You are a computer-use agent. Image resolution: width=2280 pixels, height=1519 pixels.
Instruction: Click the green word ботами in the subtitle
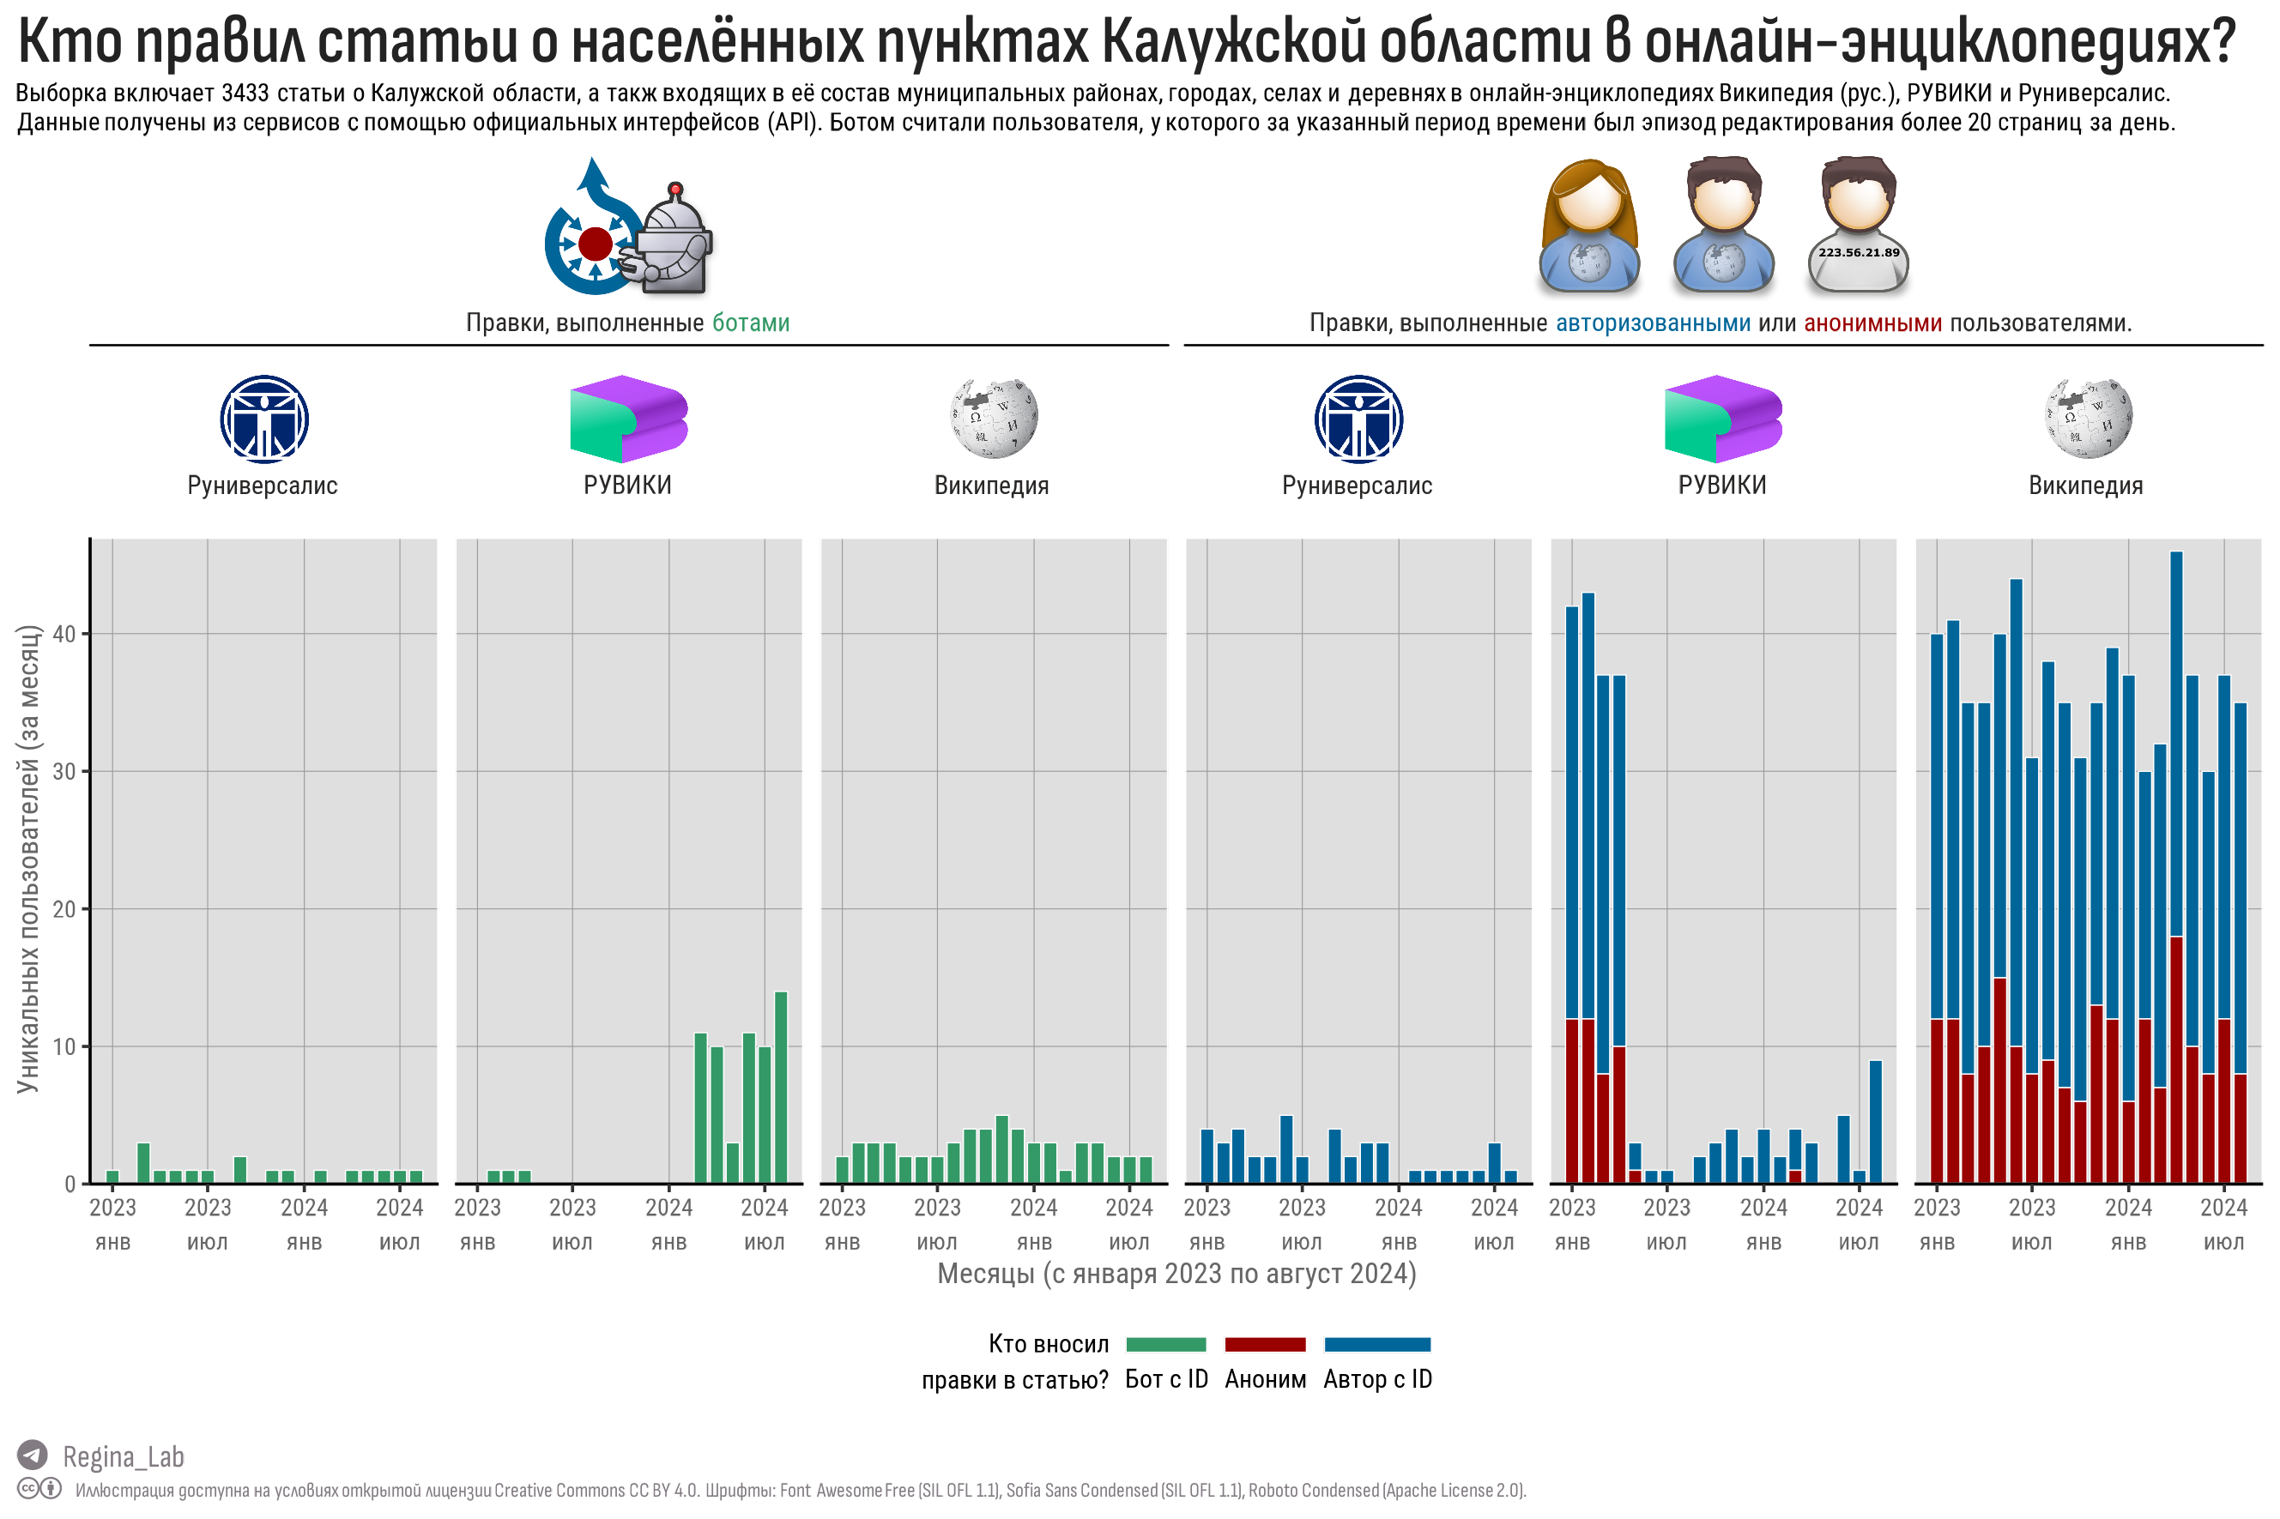click(750, 322)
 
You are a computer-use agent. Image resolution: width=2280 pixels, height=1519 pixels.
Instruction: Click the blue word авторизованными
click(1652, 322)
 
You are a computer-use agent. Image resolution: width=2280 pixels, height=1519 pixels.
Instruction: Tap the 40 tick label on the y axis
click(64, 634)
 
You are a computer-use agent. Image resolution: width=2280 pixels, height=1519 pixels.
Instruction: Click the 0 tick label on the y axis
click(70, 1183)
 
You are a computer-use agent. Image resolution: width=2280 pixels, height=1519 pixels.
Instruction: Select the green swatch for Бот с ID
click(1165, 1344)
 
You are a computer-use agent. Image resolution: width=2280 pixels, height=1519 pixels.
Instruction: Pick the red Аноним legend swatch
click(1265, 1344)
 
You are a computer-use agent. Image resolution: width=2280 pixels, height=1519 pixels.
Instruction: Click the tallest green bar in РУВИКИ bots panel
click(781, 1087)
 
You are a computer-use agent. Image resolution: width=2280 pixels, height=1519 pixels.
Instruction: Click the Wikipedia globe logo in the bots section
click(993, 418)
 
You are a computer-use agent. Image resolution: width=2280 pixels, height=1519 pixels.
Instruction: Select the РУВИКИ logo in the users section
click(1722, 419)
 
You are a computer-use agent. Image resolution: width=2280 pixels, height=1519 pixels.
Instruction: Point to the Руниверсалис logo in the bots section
click(263, 419)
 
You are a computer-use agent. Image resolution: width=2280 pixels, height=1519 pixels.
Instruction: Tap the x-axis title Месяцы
click(1176, 1273)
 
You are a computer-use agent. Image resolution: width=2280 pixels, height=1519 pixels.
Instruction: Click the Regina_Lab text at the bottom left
click(123, 1456)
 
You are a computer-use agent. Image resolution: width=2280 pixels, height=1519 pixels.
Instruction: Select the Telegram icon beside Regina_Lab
click(33, 1454)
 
